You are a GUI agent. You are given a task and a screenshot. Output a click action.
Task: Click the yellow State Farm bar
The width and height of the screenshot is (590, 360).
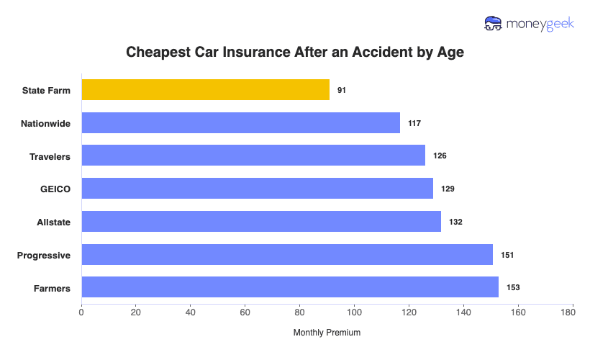pyautogui.click(x=205, y=90)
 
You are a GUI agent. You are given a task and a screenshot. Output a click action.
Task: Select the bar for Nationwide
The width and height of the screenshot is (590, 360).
pyautogui.click(x=240, y=123)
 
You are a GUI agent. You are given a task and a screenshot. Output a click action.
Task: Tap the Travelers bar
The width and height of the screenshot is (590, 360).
pyautogui.click(x=253, y=156)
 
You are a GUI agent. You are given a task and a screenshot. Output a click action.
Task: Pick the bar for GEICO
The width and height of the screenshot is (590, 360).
pyautogui.click(x=257, y=189)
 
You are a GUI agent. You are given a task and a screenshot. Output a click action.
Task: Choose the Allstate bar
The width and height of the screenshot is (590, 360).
pyautogui.click(x=261, y=222)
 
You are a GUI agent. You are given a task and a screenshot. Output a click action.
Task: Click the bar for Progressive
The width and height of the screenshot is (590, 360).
pyautogui.click(x=287, y=255)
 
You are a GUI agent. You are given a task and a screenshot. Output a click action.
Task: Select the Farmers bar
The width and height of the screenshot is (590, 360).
pyautogui.click(x=290, y=287)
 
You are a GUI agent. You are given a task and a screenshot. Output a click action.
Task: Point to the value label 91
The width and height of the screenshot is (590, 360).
pyautogui.click(x=342, y=91)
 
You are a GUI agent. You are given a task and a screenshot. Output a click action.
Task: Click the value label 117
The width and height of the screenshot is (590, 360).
pyautogui.click(x=414, y=123)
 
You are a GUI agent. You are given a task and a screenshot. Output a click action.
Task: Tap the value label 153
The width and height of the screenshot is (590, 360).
pyautogui.click(x=512, y=288)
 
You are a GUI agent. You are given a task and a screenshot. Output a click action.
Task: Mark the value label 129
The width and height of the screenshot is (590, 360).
pyautogui.click(x=448, y=189)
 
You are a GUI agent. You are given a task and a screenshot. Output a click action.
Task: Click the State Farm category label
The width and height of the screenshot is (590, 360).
pyautogui.click(x=46, y=91)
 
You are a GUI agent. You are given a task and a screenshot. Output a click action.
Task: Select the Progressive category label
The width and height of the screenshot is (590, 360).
pyautogui.click(x=44, y=256)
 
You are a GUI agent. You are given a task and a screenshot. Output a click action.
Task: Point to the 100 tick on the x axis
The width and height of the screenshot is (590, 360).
pyautogui.click(x=354, y=312)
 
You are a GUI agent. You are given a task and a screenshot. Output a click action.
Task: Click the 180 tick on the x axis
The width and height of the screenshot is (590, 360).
pyautogui.click(x=572, y=312)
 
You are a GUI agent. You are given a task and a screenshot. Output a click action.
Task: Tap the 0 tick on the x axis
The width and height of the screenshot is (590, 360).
pyautogui.click(x=81, y=312)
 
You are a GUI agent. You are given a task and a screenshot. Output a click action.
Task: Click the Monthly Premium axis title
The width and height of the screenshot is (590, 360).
pyautogui.click(x=327, y=333)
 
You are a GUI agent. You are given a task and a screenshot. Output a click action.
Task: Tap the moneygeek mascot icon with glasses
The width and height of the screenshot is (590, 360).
pyautogui.click(x=494, y=23)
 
